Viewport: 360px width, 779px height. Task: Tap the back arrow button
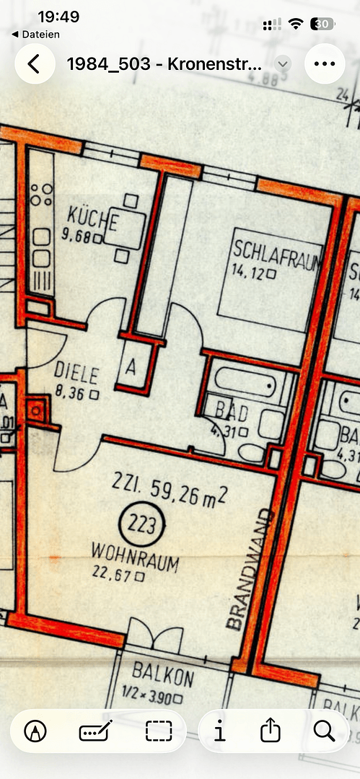(33, 63)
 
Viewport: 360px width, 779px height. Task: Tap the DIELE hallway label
(76, 374)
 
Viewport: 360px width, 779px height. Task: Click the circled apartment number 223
(141, 524)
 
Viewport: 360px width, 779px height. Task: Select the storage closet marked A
(131, 366)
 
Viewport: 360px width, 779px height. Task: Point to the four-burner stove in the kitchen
(41, 194)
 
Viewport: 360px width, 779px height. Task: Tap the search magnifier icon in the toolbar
(324, 731)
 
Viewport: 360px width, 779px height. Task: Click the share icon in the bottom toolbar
(271, 731)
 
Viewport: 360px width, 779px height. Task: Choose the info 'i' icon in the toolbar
(219, 731)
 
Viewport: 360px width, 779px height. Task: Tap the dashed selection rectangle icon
(159, 731)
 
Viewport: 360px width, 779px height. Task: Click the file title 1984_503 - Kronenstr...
(164, 63)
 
